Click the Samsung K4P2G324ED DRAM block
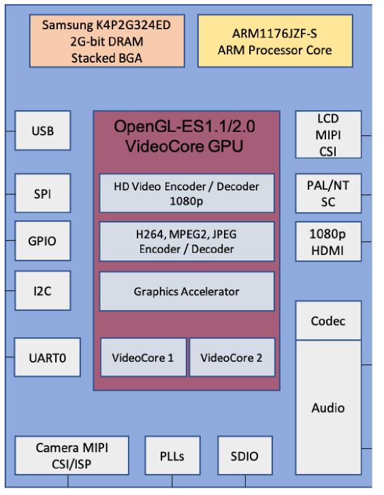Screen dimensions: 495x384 click(107, 41)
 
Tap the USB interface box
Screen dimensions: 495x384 click(42, 131)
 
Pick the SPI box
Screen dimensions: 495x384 click(42, 193)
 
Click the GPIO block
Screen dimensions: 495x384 click(42, 241)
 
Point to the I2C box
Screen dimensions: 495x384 click(42, 290)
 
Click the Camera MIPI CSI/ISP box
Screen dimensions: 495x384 click(72, 455)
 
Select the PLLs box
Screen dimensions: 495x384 click(172, 456)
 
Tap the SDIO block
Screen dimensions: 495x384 click(244, 456)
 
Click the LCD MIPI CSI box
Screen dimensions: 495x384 click(328, 135)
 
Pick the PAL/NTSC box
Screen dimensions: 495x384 click(328, 193)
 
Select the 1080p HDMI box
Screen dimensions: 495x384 click(328, 241)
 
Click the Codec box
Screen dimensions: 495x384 click(328, 320)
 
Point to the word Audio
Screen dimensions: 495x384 click(328, 408)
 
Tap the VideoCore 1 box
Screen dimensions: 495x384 click(143, 357)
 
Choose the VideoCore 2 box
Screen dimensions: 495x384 click(231, 357)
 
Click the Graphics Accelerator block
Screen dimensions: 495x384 click(187, 292)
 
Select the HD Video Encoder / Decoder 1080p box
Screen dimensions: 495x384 click(187, 192)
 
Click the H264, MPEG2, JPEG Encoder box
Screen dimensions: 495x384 click(187, 241)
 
